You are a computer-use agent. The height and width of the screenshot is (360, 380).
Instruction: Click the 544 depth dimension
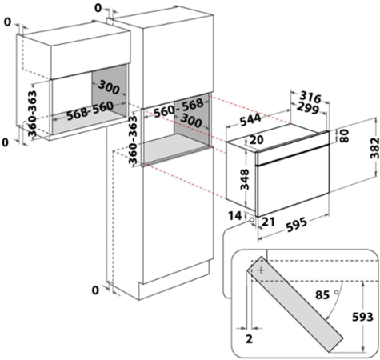(250, 120)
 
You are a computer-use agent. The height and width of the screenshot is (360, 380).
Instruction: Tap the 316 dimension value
(310, 98)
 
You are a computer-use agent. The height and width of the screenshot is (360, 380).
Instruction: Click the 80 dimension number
(344, 136)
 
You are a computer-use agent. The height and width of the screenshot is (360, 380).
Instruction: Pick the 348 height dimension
(245, 179)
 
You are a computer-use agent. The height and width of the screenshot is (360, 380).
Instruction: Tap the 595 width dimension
(296, 224)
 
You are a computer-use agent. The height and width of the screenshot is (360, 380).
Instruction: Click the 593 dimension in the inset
(362, 317)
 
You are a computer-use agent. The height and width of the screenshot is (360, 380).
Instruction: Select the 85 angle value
(322, 295)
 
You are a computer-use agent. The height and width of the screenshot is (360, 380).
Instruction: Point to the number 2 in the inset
(249, 338)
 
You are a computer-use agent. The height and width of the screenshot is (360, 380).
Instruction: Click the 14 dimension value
(235, 215)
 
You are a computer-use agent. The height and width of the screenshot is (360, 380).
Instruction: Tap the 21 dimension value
(268, 222)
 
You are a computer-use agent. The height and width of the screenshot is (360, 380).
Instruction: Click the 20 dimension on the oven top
(257, 139)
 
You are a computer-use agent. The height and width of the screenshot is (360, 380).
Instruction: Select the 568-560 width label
(90, 110)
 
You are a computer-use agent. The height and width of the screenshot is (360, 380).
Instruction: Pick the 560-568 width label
(178, 107)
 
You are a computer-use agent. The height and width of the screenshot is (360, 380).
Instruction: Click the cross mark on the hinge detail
(261, 270)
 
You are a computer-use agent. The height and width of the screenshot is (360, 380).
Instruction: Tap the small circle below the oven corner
(251, 219)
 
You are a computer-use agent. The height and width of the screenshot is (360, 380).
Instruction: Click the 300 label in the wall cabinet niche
(108, 87)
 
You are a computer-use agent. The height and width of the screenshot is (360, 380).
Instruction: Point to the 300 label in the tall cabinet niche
(190, 120)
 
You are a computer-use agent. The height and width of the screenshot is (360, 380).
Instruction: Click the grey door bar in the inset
(294, 304)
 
